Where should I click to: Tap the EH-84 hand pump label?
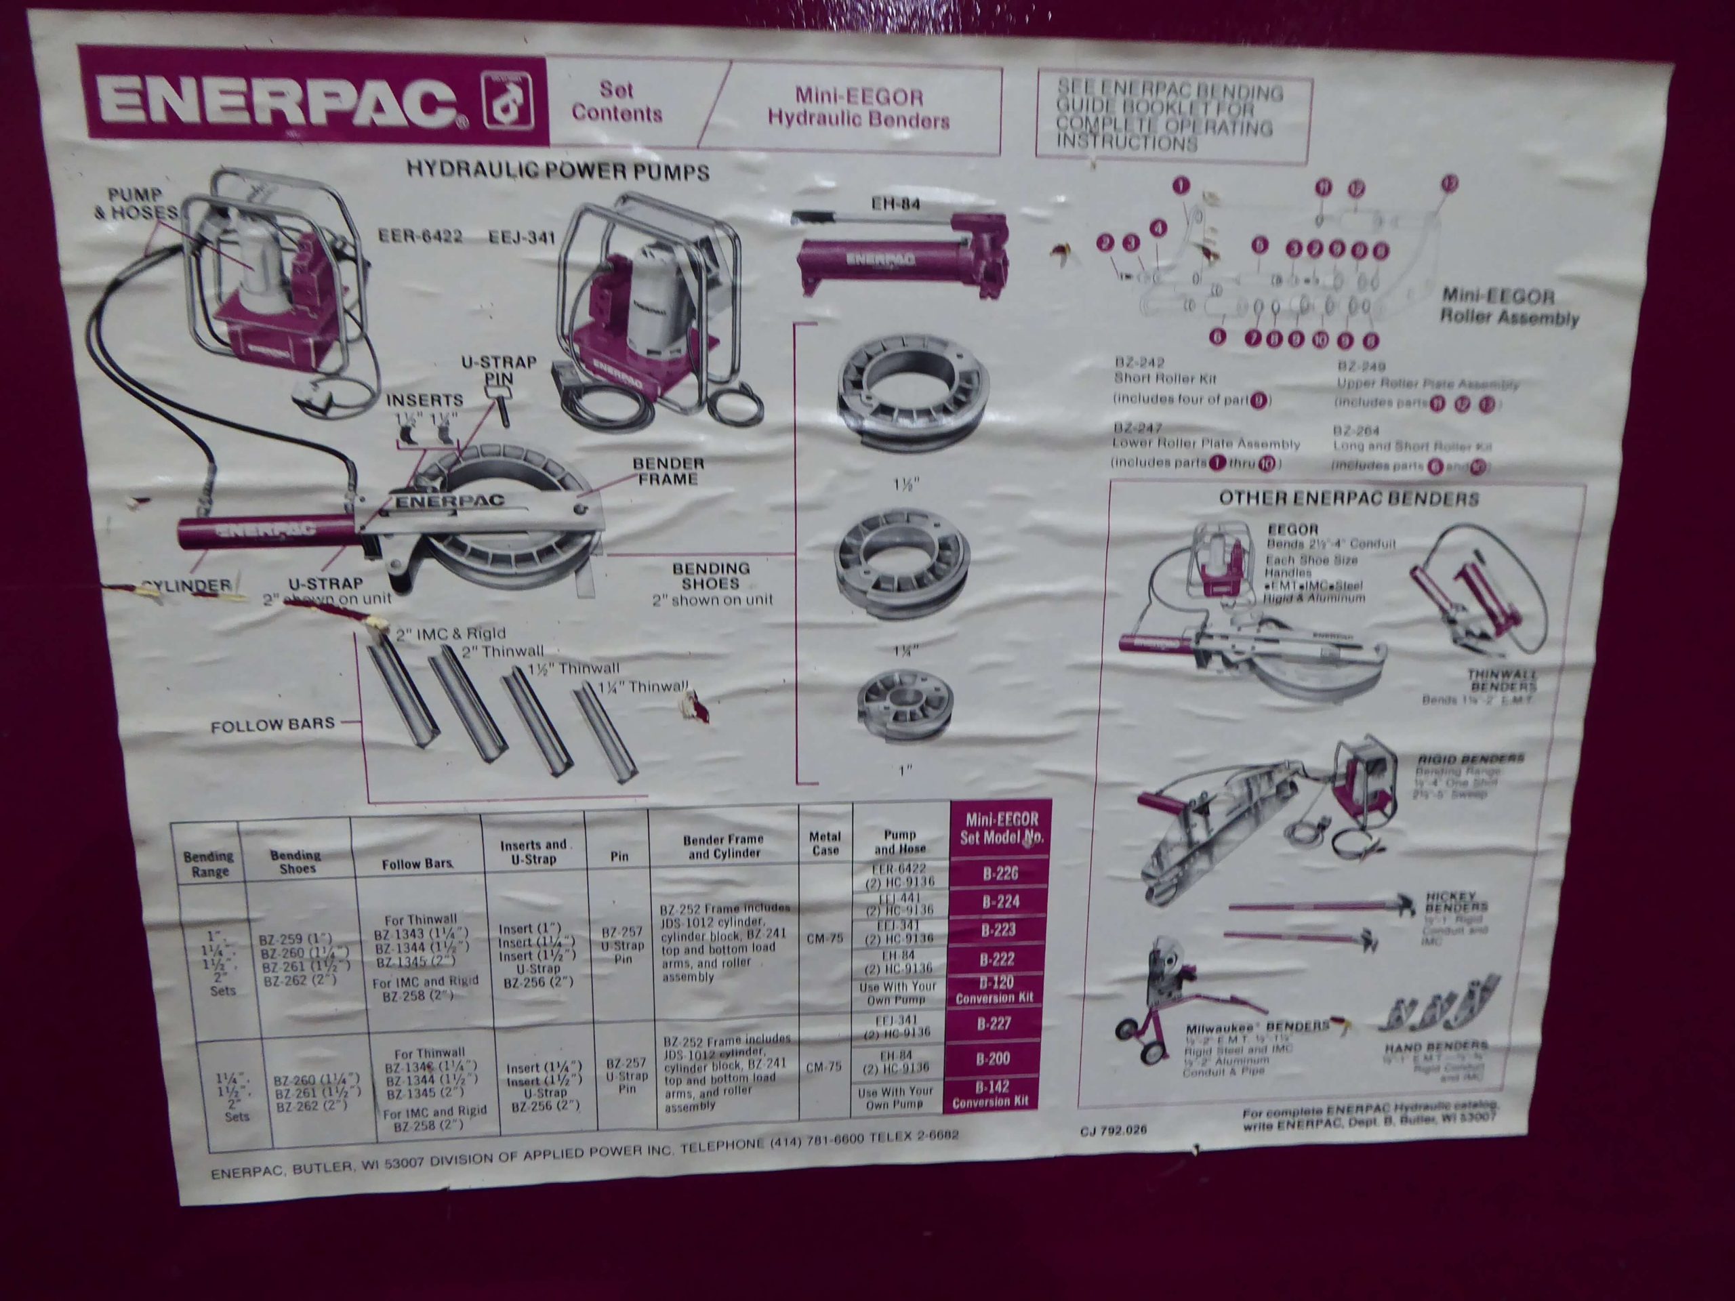pyautogui.click(x=896, y=204)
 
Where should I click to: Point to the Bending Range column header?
pyautogui.click(x=209, y=863)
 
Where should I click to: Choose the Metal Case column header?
pyautogui.click(x=825, y=843)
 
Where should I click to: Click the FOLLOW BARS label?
pyautogui.click(x=272, y=726)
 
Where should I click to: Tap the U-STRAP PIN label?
pyautogui.click(x=498, y=370)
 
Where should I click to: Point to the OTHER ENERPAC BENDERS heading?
pyautogui.click(x=1348, y=499)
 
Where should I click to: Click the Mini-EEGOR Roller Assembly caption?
pyautogui.click(x=1509, y=308)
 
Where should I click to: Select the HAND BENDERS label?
pyautogui.click(x=1435, y=1046)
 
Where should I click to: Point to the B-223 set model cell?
pyautogui.click(x=998, y=931)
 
